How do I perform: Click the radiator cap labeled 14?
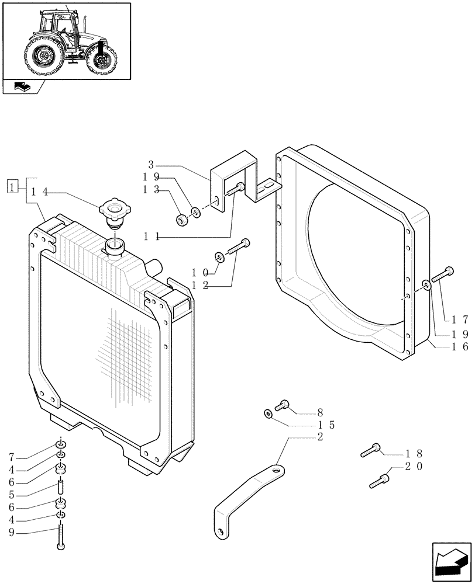tap(114, 211)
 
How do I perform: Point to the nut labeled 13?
tap(181, 220)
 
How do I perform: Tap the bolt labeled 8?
tap(283, 404)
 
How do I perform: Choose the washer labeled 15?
tap(267, 414)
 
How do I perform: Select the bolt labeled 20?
tap(379, 479)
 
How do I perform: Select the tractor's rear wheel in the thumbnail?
tap(43, 57)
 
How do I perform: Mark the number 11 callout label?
tap(154, 236)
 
